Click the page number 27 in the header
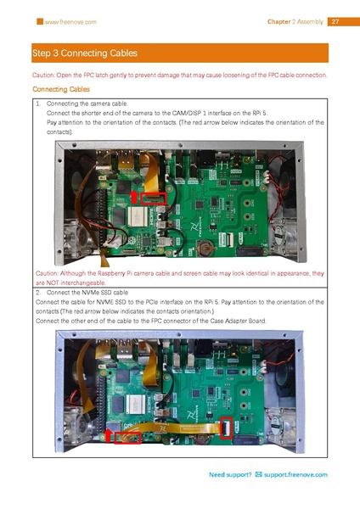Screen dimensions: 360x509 pos(335,21)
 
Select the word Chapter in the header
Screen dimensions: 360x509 pos(279,21)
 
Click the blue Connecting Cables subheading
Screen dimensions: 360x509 pos(60,89)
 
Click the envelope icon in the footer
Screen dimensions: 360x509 pos(259,474)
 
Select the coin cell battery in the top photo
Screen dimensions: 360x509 pos(204,249)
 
